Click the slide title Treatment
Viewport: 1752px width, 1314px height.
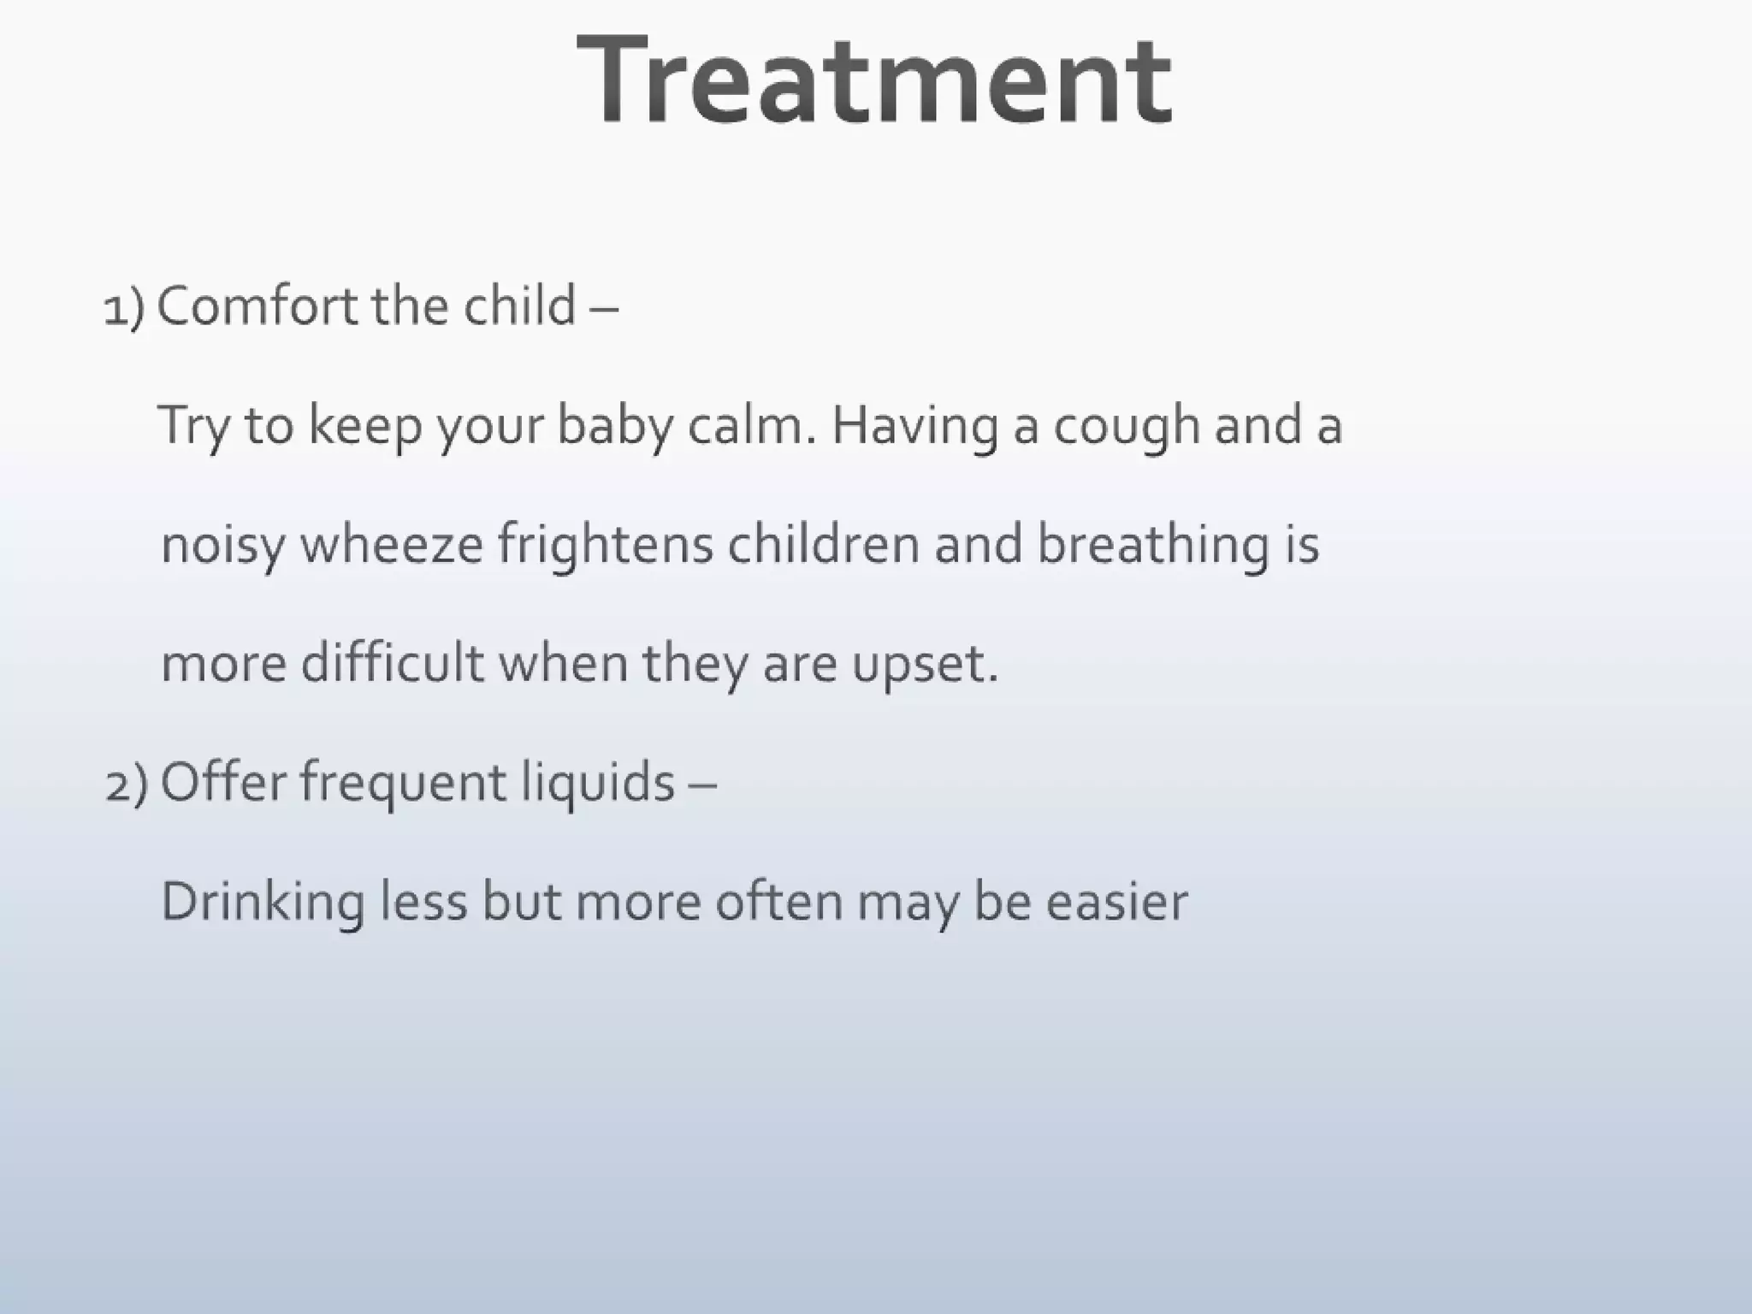[x=874, y=81]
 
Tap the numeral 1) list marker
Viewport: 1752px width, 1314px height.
[x=124, y=308]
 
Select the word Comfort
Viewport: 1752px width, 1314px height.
[x=257, y=305]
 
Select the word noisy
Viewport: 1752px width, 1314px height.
[x=222, y=546]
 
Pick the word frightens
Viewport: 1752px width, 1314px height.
[x=605, y=546]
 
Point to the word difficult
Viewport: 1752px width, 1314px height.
[x=392, y=662]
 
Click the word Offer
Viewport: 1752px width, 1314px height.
[x=222, y=782]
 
